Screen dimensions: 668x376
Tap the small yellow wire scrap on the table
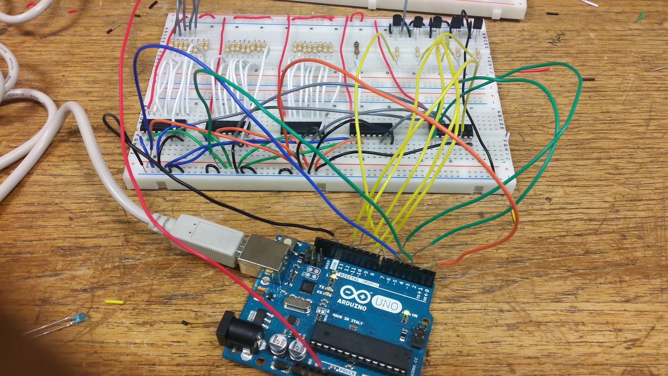(114, 301)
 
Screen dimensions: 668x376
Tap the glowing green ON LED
(405, 312)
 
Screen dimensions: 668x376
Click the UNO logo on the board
(386, 304)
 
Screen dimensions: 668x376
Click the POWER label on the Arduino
(347, 371)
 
